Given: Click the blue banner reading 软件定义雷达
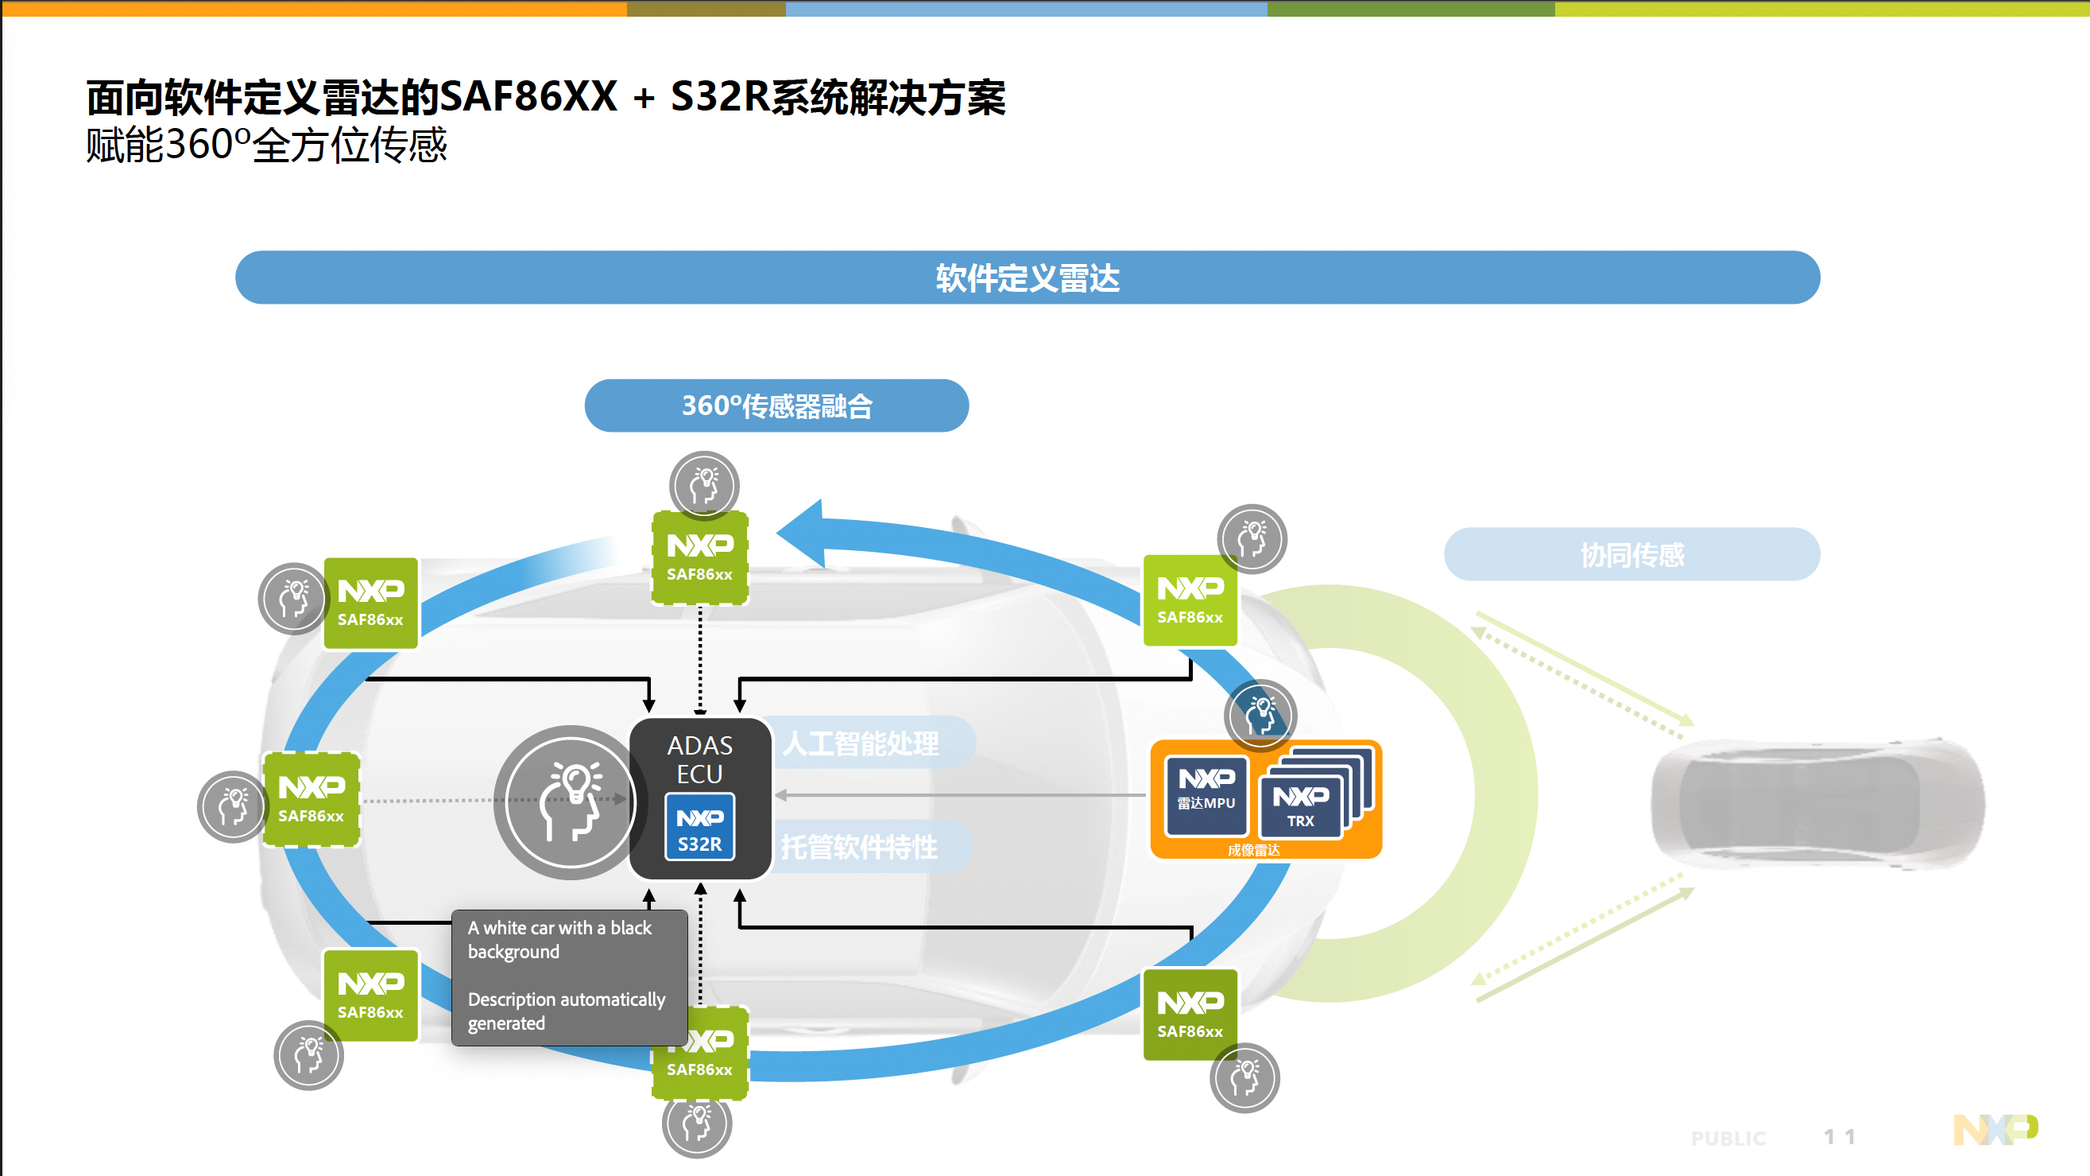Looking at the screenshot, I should pos(1028,278).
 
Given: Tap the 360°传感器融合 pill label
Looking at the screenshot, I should pos(776,405).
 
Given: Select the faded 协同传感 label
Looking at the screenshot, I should pos(1631,554).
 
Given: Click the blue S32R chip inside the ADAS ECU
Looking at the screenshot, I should pos(699,827).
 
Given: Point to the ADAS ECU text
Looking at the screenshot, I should pos(699,759).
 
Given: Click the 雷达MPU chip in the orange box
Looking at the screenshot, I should pos(1206,794).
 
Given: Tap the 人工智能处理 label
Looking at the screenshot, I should pos(861,743).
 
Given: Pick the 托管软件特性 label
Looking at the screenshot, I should pos(860,848).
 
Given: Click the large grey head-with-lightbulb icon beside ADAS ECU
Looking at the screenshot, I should pos(570,801).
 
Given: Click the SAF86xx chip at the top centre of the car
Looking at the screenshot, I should pos(699,557).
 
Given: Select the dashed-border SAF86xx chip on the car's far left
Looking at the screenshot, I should pos(312,799).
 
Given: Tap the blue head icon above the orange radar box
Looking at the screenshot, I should pos(1260,714).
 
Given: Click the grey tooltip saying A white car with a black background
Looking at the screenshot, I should pos(569,976).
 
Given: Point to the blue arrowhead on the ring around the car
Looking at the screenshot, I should pos(803,534).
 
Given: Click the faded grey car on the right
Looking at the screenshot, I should pos(1817,803).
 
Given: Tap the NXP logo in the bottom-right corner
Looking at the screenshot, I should pos(1995,1129).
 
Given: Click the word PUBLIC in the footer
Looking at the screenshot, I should pos(1728,1138).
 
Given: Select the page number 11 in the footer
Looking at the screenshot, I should pos(1840,1136).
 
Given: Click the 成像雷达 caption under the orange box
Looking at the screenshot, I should pos(1253,850).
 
